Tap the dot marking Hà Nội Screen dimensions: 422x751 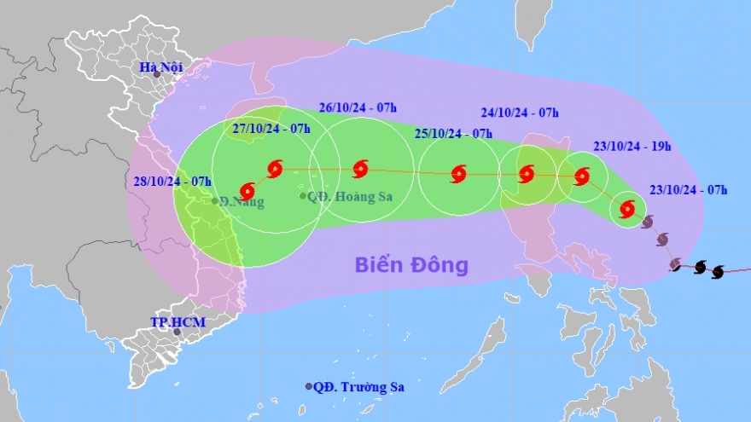157,75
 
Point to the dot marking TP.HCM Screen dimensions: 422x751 177,332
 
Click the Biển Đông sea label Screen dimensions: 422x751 412,265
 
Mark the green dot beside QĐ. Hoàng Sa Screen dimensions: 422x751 303,196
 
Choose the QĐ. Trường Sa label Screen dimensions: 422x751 358,386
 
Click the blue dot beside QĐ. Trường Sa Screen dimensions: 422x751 309,386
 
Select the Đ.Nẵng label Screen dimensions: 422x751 242,202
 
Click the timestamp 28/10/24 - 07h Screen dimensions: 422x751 172,181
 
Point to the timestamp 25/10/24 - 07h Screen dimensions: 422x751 453,134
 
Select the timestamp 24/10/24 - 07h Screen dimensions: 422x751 520,112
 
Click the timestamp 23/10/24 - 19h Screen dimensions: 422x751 632,146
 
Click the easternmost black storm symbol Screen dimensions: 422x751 718,271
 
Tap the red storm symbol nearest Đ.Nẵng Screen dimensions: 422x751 247,190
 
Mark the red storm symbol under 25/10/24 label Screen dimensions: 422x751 459,174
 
